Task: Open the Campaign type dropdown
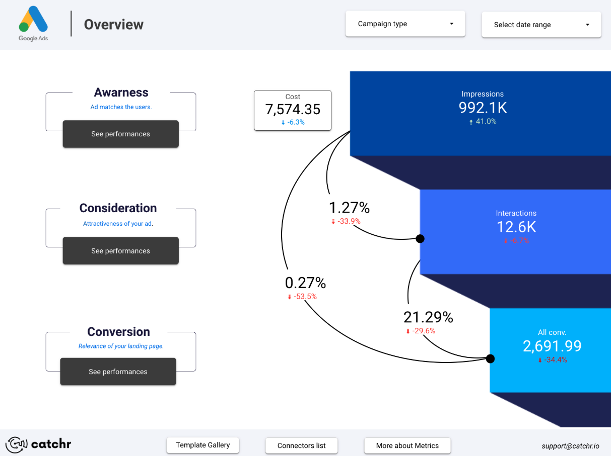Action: [405, 24]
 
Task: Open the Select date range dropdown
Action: [541, 25]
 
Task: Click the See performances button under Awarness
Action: [120, 134]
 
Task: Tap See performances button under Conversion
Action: [118, 372]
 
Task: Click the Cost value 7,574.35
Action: [292, 109]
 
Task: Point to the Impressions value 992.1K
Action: [482, 108]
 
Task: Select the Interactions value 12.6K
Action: [516, 227]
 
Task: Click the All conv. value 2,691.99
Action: [552, 346]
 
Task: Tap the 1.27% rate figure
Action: [349, 208]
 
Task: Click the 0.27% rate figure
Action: [305, 283]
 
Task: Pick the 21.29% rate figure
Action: [428, 317]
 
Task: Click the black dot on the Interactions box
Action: [420, 239]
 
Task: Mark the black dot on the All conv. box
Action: [490, 358]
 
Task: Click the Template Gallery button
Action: [202, 445]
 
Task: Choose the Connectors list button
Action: [301, 446]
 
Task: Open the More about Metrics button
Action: [407, 446]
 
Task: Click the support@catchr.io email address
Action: [570, 446]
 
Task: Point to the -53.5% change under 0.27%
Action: [302, 297]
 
